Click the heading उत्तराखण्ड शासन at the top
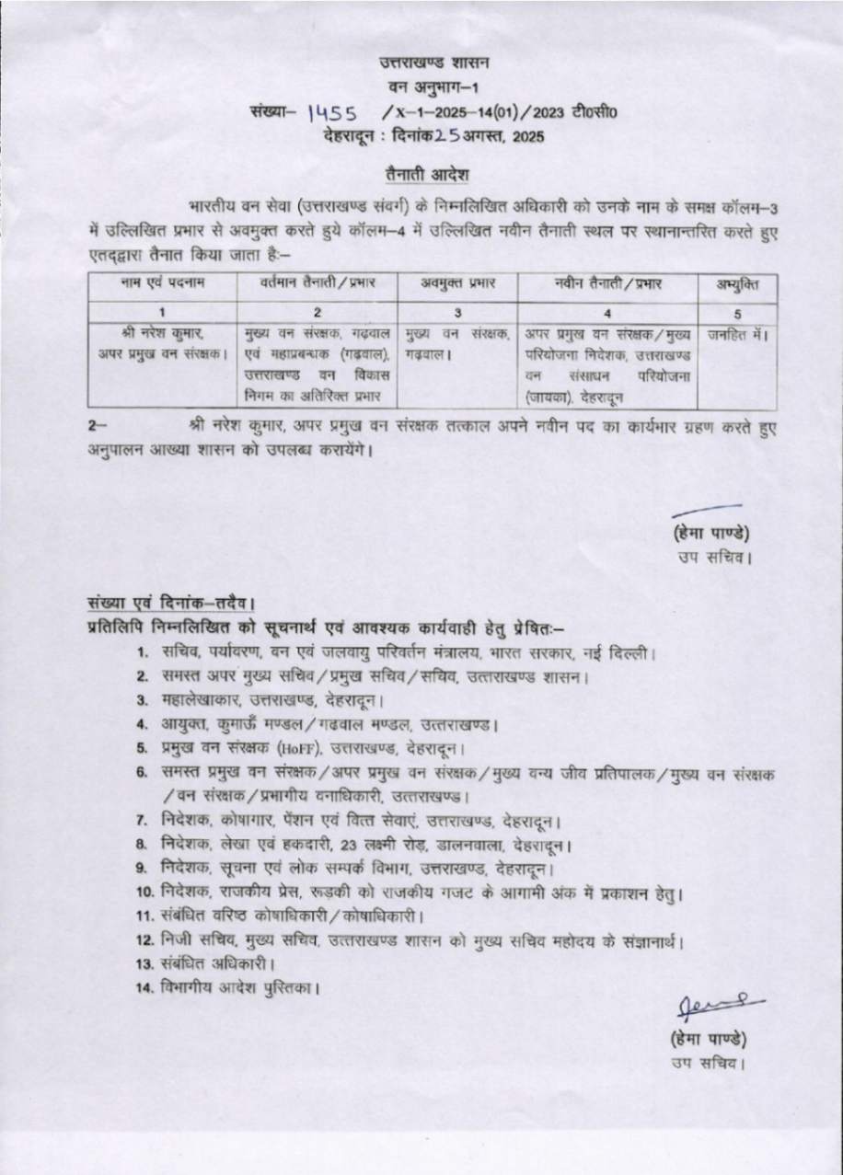[x=436, y=63]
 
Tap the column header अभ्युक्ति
[x=737, y=283]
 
